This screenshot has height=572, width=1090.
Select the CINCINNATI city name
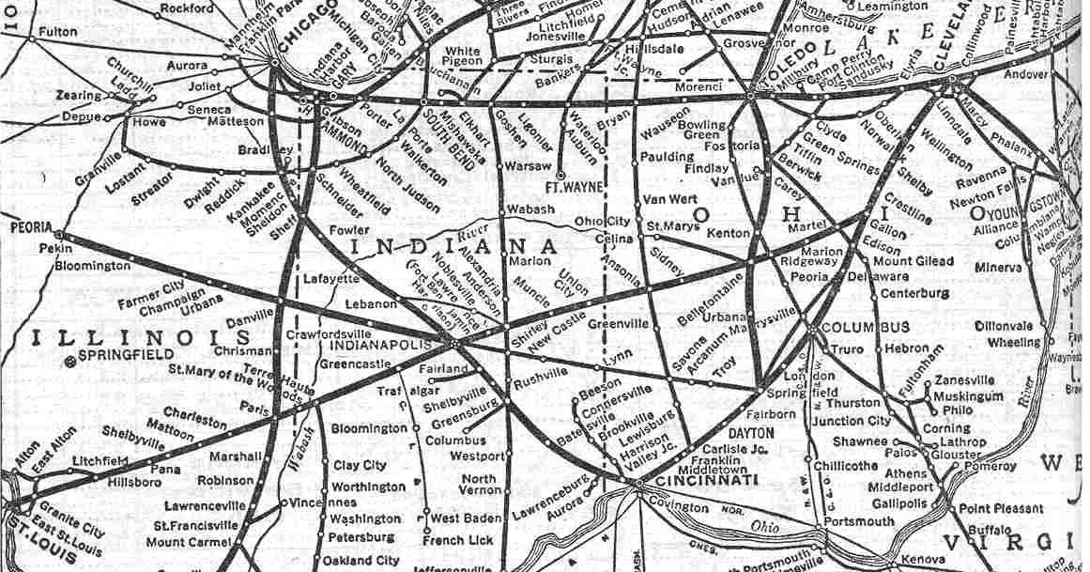tap(693, 479)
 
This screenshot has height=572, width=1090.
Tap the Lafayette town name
tap(330, 278)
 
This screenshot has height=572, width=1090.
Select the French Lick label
tap(457, 540)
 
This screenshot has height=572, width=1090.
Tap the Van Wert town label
tap(667, 200)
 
